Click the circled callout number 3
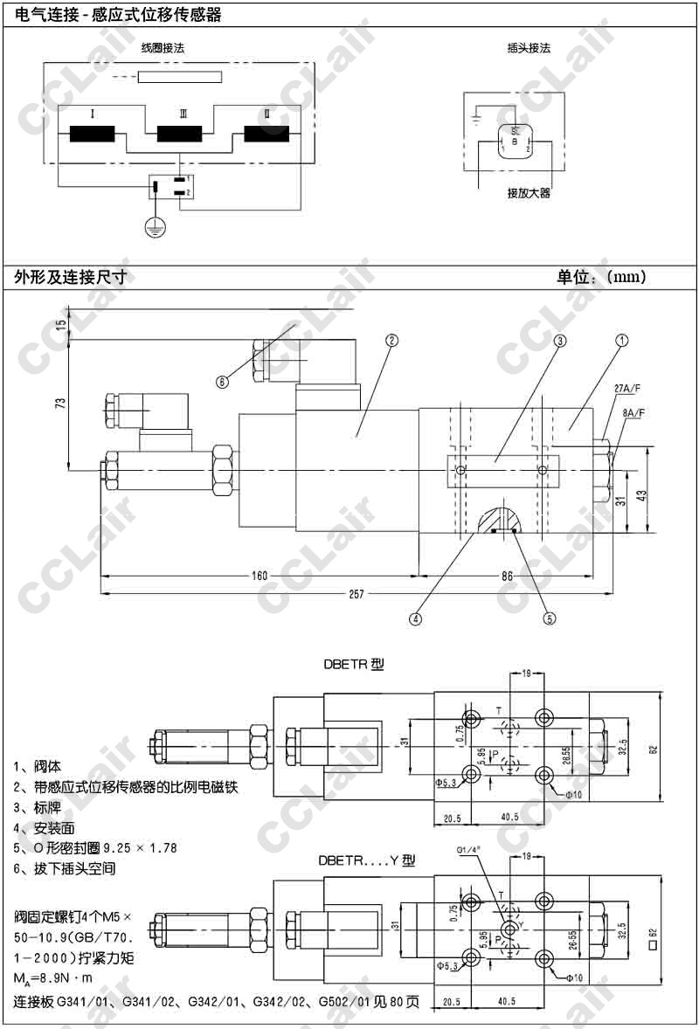click(x=559, y=341)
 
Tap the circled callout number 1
click(x=620, y=341)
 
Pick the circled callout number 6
click(x=223, y=381)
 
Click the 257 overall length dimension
click(x=356, y=594)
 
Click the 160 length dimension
click(x=260, y=576)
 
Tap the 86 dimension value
click(x=507, y=576)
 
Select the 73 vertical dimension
click(x=60, y=404)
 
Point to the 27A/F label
click(x=626, y=388)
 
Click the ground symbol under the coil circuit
click(x=155, y=227)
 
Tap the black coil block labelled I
click(x=93, y=135)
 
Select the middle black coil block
click(x=181, y=135)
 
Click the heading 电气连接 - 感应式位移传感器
click(x=118, y=15)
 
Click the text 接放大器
click(x=529, y=193)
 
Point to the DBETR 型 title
click(x=354, y=664)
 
